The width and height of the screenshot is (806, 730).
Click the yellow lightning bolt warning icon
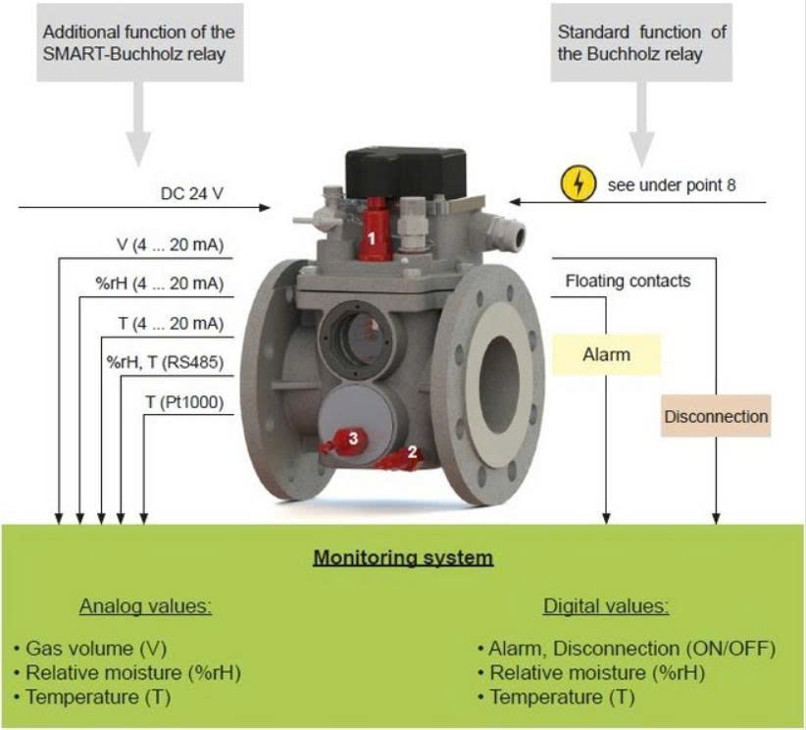[x=579, y=183]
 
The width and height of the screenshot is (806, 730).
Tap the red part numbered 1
[x=374, y=230]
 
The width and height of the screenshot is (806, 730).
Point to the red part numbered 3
[x=344, y=442]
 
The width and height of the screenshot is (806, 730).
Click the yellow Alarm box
[x=607, y=354]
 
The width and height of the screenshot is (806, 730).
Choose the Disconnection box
[x=716, y=416]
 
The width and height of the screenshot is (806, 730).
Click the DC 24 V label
[x=192, y=193]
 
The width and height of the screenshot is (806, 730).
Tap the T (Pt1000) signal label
[x=184, y=401]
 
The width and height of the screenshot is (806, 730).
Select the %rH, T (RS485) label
[x=165, y=362]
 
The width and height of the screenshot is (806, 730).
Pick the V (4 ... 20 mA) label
[x=171, y=244]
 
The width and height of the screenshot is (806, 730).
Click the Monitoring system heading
[x=404, y=557]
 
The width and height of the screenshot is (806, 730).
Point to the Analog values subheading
[x=145, y=606]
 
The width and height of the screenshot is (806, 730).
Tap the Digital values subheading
[x=606, y=606]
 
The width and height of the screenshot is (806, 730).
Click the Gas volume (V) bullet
[x=90, y=649]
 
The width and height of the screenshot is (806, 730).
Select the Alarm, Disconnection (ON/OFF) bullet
[x=627, y=649]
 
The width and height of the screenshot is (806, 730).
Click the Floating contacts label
[x=628, y=281]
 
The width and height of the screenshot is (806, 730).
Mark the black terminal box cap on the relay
[x=406, y=173]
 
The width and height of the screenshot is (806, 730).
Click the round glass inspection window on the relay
[x=356, y=340]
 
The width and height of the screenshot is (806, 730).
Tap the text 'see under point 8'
[x=672, y=184]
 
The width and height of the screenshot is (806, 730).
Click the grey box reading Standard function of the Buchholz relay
[x=641, y=43]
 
